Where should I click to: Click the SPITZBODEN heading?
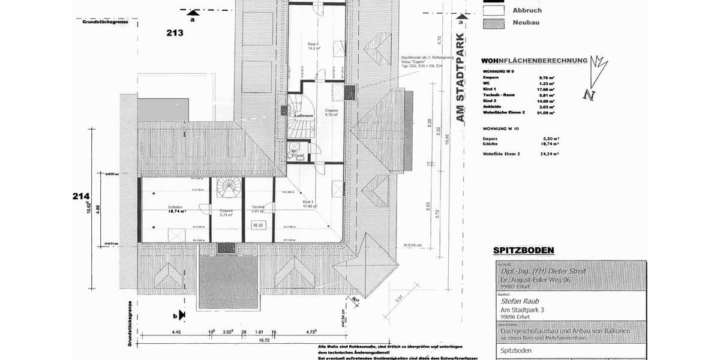click(x=523, y=250)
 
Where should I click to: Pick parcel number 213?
click(x=175, y=33)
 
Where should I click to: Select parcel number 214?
click(x=81, y=196)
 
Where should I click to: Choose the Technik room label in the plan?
click(x=259, y=207)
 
